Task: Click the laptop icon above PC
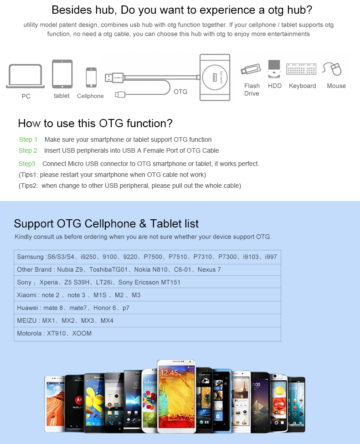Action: pyautogui.click(x=26, y=76)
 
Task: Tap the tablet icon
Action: pyautogui.click(x=62, y=74)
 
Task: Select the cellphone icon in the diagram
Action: pyautogui.click(x=91, y=77)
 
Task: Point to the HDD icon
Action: pyautogui.click(x=274, y=69)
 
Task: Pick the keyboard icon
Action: pyautogui.click(x=301, y=69)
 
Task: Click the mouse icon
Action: pyautogui.click(x=332, y=69)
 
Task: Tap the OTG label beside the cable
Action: pyautogui.click(x=180, y=92)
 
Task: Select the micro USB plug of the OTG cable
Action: pyautogui.click(x=120, y=94)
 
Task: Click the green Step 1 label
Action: pyautogui.click(x=28, y=139)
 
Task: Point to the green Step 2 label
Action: pyautogui.click(x=28, y=150)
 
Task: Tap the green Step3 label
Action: pyautogui.click(x=27, y=164)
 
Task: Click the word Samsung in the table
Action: pyautogui.click(x=30, y=257)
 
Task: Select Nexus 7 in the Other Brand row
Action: pyautogui.click(x=209, y=269)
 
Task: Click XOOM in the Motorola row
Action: pyautogui.click(x=82, y=333)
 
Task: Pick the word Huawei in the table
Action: pyautogui.click(x=27, y=308)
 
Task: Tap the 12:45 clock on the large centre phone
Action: pyautogui.click(x=169, y=372)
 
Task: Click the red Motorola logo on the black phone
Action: pyautogui.click(x=78, y=400)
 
